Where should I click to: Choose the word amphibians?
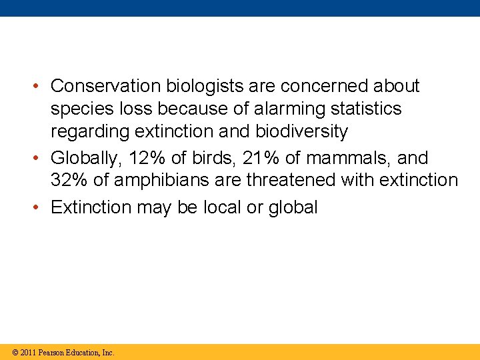[161, 180]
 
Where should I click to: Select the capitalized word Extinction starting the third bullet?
[91, 207]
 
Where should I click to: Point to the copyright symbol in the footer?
[14, 352]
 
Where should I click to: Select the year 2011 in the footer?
[28, 352]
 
